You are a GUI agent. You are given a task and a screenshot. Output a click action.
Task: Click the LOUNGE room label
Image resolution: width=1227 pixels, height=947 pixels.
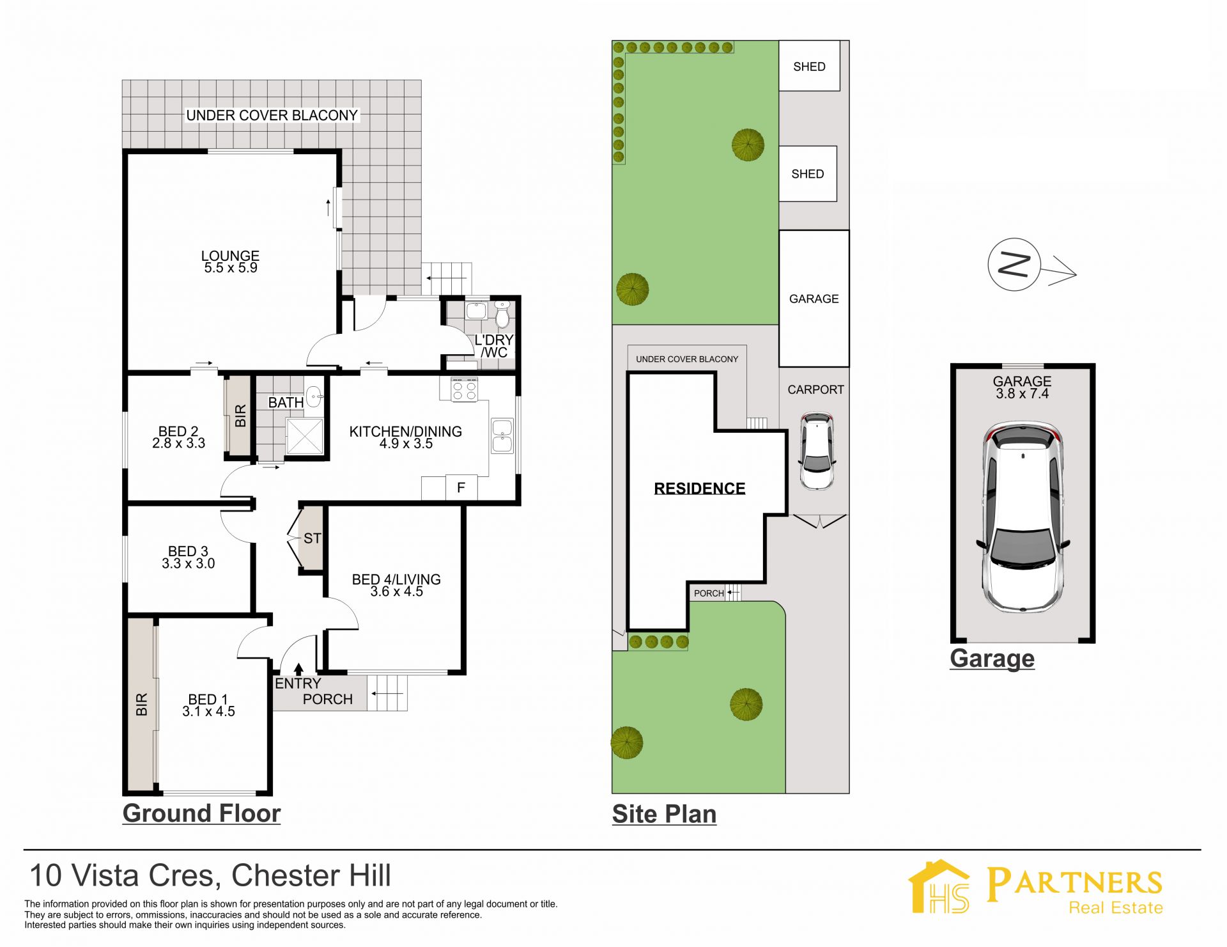230,256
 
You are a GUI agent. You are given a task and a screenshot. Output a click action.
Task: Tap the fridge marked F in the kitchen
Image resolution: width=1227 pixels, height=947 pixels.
461,488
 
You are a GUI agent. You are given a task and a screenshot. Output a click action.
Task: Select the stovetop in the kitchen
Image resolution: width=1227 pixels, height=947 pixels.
465,389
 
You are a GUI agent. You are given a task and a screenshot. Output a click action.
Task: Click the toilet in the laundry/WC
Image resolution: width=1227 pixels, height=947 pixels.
502,315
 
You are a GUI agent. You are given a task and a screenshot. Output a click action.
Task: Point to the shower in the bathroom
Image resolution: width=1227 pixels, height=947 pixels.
305,436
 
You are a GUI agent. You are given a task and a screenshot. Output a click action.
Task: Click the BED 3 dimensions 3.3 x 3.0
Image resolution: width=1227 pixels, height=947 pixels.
188,563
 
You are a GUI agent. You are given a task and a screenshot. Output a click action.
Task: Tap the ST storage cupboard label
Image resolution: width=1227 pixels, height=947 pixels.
312,538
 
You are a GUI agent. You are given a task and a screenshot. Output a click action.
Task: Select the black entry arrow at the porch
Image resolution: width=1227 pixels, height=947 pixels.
298,669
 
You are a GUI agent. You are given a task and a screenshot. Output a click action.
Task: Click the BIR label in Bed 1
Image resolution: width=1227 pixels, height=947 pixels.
141,704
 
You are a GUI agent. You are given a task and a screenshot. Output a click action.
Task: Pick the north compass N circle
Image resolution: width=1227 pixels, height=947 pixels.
1014,265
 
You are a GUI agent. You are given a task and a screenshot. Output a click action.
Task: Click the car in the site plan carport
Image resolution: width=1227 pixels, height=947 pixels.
817,451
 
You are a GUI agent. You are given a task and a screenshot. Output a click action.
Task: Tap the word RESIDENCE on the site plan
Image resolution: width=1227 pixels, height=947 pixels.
700,489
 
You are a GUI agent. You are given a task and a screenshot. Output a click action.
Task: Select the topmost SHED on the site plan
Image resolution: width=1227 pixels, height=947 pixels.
809,66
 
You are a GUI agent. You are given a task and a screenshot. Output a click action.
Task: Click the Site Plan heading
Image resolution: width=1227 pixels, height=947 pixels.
664,814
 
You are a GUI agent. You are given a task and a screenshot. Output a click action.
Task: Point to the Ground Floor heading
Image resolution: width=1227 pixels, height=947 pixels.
201,813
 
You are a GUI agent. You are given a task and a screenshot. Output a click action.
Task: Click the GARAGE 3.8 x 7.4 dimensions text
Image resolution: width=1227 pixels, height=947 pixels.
1022,394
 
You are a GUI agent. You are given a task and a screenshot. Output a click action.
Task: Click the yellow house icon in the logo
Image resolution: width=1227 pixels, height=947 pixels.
939,886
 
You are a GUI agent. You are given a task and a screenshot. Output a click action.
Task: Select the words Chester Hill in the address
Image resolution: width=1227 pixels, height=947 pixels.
311,875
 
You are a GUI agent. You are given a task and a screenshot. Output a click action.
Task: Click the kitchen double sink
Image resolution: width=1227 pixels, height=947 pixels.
502,435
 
